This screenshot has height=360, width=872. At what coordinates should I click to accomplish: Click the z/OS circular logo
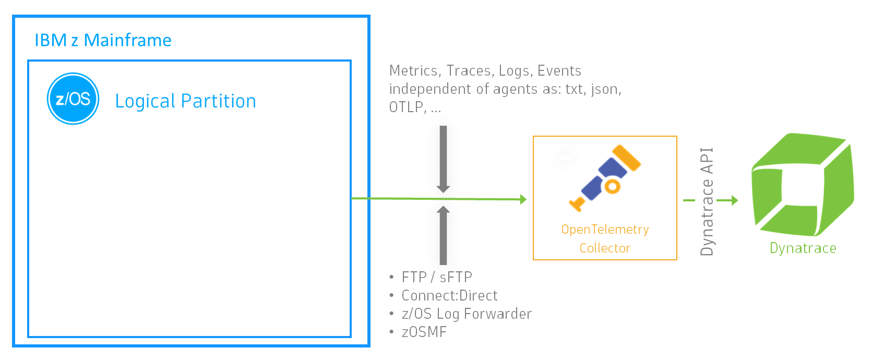point(73,99)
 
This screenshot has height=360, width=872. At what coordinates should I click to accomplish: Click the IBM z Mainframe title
point(103,40)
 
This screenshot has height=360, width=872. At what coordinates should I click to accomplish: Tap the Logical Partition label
point(185,101)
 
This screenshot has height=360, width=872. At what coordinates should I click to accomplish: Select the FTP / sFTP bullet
point(436,277)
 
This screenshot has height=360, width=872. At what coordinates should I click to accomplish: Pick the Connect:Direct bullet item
point(449,295)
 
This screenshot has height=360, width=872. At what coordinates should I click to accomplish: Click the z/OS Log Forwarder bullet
point(466,314)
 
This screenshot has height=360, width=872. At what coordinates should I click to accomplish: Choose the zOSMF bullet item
point(424,332)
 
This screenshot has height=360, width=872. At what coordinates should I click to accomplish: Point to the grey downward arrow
point(443,159)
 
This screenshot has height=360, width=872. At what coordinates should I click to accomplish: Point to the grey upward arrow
point(443,235)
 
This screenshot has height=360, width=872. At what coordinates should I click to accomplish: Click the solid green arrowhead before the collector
point(523,199)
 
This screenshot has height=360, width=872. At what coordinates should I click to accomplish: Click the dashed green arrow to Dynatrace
point(711,200)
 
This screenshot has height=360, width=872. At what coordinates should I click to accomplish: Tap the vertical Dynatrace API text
point(707,201)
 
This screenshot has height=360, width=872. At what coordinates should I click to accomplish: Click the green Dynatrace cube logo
point(803,185)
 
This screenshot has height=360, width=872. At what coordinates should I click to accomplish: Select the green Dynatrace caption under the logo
point(803,248)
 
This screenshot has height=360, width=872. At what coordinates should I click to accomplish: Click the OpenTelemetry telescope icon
point(605,177)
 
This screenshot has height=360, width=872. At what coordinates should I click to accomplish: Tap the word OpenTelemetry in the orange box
point(605,230)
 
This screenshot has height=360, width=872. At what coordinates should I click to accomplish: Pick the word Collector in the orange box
point(605,248)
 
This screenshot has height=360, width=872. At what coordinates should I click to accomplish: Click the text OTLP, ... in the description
point(415,107)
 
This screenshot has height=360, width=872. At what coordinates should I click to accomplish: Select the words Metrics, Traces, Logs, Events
point(485,70)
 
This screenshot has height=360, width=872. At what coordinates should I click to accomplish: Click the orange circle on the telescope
point(612,186)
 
